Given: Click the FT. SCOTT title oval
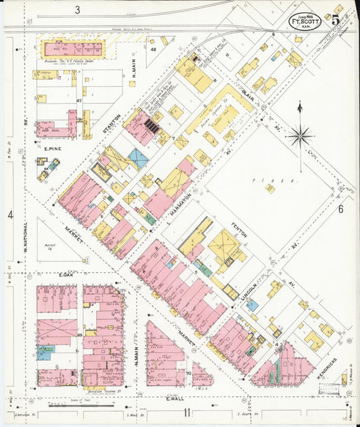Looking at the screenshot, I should tap(305, 20).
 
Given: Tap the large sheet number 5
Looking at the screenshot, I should tap(336, 19).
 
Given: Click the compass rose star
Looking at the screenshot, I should tap(298, 135).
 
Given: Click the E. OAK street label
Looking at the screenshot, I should tap(66, 276).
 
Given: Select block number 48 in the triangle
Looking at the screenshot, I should tap(153, 49).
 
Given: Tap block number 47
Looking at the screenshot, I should tap(79, 101).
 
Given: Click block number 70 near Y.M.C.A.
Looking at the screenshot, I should tap(188, 373).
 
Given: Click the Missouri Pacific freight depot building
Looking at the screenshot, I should tap(73, 49).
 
